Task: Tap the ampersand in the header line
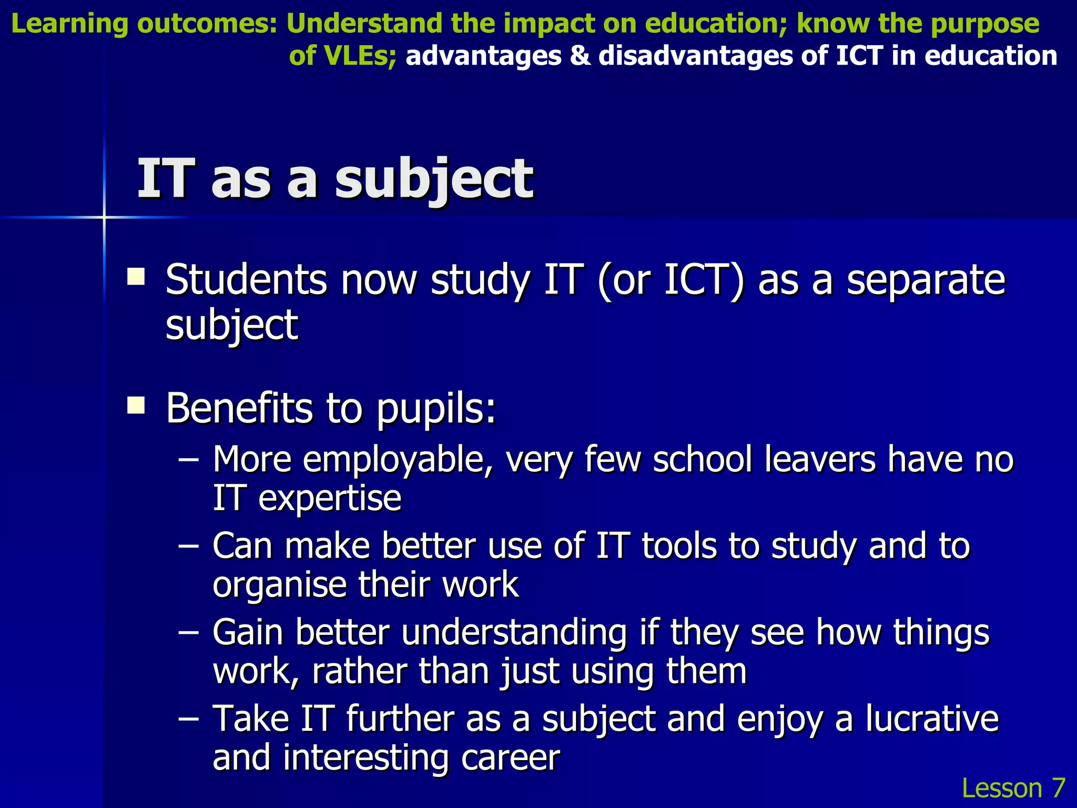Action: click(x=580, y=56)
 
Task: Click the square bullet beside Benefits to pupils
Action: click(x=136, y=406)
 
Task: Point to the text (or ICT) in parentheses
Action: click(x=671, y=280)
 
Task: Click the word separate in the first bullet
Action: click(x=926, y=280)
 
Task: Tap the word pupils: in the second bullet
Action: click(x=436, y=409)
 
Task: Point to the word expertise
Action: click(x=330, y=498)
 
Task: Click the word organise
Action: click(x=279, y=585)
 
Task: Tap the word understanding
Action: click(x=514, y=632)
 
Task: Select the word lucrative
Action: click(x=932, y=719)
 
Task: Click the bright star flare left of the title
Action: click(x=104, y=217)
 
